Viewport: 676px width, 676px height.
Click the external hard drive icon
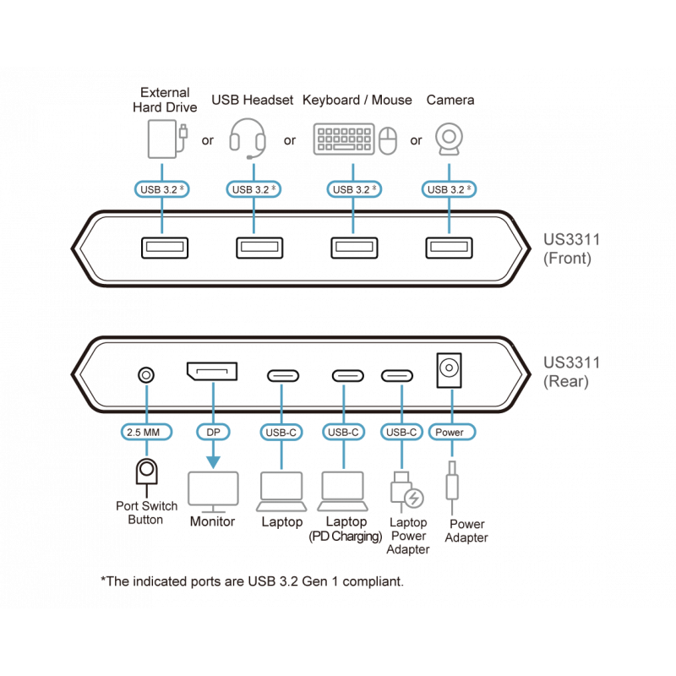pos(165,139)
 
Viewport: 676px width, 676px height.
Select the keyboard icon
pos(344,139)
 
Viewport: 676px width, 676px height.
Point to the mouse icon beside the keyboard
pos(389,141)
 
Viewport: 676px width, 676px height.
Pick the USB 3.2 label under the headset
pos(254,189)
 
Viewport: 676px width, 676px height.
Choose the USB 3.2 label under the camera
pos(450,189)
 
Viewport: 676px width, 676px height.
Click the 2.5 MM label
pos(147,433)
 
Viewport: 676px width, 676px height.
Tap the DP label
pos(212,433)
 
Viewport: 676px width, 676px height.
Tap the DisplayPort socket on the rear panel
pos(212,371)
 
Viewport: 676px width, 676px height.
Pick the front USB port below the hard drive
pos(159,248)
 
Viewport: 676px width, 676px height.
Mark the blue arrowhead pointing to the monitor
pos(212,461)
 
